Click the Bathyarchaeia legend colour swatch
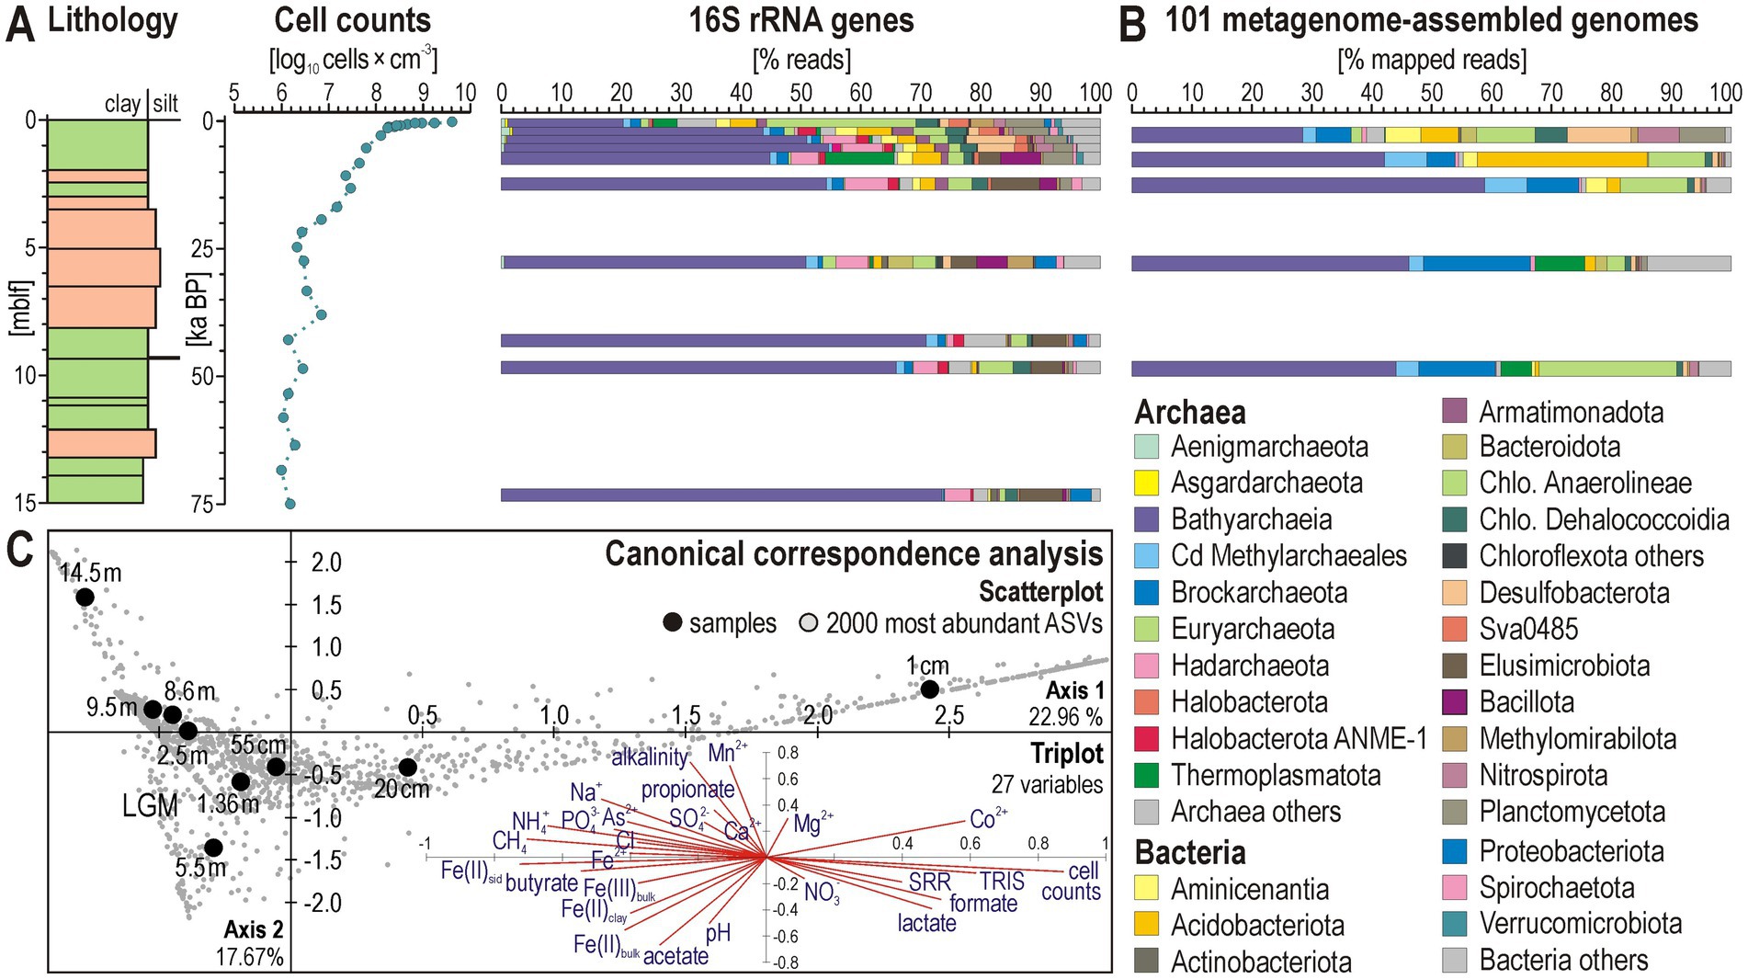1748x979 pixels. [x=1147, y=519]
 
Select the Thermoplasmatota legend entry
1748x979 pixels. [x=1276, y=776]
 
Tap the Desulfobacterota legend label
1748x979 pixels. [x=1573, y=593]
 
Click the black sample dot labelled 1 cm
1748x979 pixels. [x=929, y=689]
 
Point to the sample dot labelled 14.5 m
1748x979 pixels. [x=85, y=598]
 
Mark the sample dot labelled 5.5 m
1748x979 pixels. [x=213, y=848]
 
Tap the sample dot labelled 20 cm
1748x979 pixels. [x=407, y=768]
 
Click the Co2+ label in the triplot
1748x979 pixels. [x=988, y=819]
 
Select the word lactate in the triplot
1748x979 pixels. [x=926, y=923]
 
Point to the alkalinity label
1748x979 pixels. [x=649, y=757]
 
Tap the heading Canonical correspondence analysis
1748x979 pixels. [x=853, y=554]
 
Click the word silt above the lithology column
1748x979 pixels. [x=165, y=104]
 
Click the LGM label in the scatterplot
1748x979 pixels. [x=150, y=806]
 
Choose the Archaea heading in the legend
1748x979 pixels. [x=1189, y=412]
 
